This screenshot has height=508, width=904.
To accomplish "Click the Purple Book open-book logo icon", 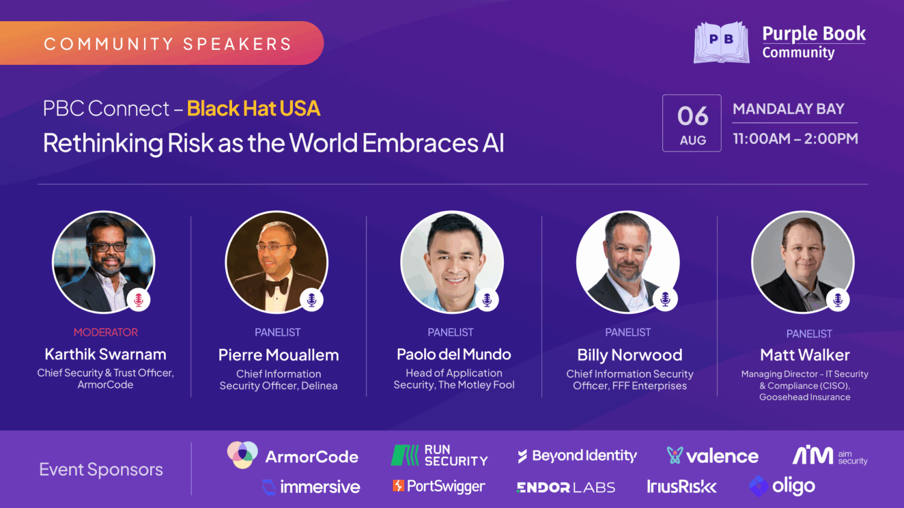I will click(x=721, y=42).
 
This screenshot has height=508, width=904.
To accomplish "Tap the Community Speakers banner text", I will click(x=168, y=44).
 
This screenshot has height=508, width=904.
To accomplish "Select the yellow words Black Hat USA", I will click(x=253, y=108).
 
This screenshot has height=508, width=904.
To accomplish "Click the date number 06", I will click(x=692, y=116).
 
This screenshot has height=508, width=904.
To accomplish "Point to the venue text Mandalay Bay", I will click(x=788, y=109).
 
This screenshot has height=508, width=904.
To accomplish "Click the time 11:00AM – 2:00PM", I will click(x=795, y=138).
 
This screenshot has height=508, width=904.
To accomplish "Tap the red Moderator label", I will click(x=105, y=332).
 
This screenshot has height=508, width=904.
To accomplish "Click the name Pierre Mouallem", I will click(x=278, y=355).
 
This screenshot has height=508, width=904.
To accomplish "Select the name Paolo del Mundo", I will click(x=454, y=355).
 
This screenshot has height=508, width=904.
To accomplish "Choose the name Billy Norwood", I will click(x=630, y=355).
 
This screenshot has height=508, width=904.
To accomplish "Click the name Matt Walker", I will click(x=805, y=355).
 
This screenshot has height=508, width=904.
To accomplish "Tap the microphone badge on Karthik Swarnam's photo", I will click(x=139, y=300).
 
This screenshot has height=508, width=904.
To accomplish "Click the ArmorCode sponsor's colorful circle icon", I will click(x=242, y=454).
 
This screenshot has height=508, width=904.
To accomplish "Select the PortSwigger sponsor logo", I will click(x=439, y=486).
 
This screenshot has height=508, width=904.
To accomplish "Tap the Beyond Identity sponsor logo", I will click(x=577, y=456).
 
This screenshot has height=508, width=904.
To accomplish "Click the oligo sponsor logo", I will click(x=782, y=486).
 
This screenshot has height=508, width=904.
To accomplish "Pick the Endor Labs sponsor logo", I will click(x=565, y=487).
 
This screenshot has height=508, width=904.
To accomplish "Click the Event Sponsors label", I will click(x=101, y=469).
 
